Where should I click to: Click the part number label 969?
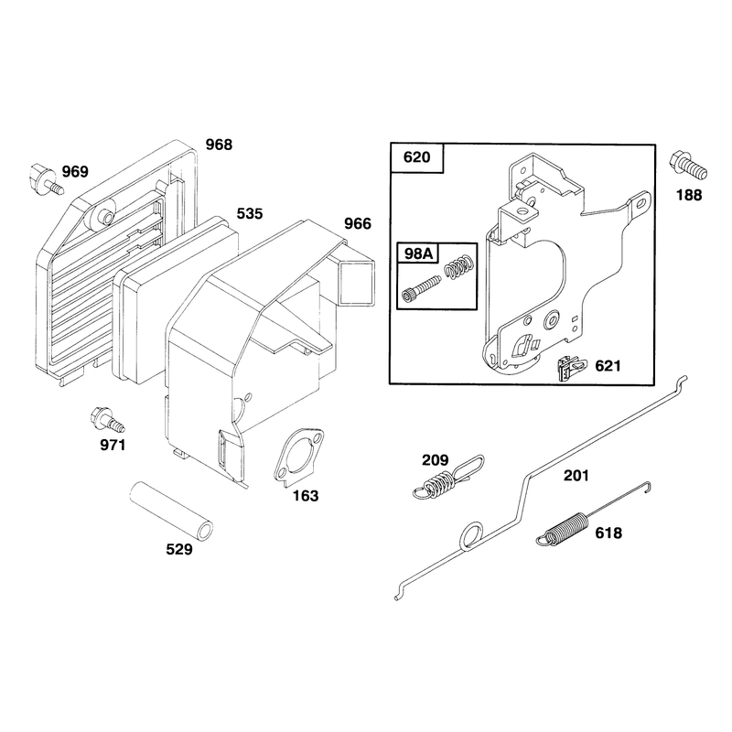tap(75, 172)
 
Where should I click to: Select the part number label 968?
tap(219, 145)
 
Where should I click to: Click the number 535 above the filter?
tap(250, 214)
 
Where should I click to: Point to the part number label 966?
tap(358, 223)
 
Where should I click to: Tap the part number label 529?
tap(179, 550)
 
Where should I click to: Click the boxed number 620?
tap(416, 156)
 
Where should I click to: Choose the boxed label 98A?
tap(419, 253)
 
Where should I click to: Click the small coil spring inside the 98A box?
tap(460, 267)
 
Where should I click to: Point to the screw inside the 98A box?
tap(421, 289)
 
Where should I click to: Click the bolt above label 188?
tap(689, 166)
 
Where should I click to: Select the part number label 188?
tap(689, 195)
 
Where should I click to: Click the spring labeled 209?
tap(448, 477)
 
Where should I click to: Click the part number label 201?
tap(576, 476)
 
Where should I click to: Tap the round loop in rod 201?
tap(471, 535)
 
